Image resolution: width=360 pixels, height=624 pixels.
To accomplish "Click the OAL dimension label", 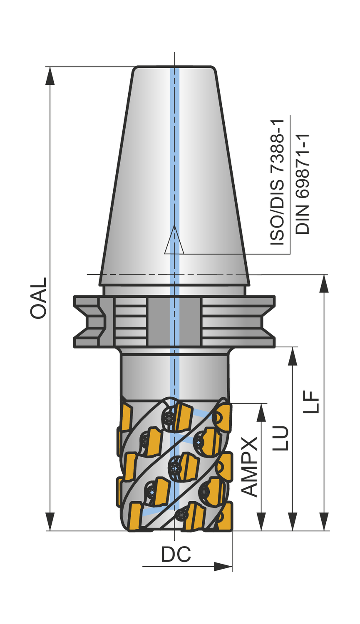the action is point(38,298).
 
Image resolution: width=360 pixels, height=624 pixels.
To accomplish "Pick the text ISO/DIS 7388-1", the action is point(277,182).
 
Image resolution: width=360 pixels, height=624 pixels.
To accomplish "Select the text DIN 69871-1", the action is point(303,184).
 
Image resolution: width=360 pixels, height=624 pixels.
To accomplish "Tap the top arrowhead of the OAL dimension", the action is point(50,75).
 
